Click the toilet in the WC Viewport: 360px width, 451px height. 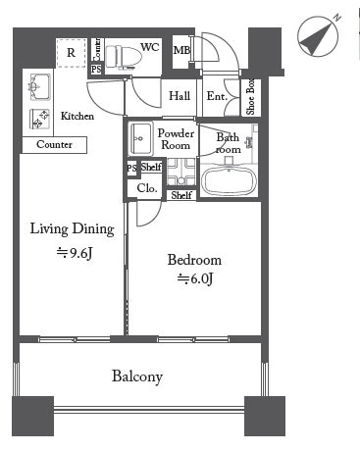coord(124,57)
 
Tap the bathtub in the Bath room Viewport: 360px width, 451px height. coord(229,180)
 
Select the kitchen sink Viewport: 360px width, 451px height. coord(40,87)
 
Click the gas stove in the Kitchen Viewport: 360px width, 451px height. coord(39,119)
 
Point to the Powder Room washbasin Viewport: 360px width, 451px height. coord(141,138)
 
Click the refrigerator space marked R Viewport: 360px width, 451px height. coord(72,53)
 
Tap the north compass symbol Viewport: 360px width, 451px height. coord(318,36)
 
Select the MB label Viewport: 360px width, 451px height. coord(181,50)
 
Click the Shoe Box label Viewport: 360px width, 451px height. coord(251,97)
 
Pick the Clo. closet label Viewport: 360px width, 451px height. coord(147,188)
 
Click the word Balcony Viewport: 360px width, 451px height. coord(137,376)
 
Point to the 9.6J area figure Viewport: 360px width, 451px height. coord(75,253)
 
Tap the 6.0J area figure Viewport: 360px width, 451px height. coord(195,278)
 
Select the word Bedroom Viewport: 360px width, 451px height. coord(194,260)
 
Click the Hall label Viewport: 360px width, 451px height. coord(180,96)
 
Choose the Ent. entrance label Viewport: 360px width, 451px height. coord(217,96)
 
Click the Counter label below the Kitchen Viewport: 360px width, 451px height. coord(54,144)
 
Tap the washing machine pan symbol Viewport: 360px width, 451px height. coord(181,172)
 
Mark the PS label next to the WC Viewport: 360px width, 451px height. coord(96,70)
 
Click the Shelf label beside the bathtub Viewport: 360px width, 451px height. coord(181,195)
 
